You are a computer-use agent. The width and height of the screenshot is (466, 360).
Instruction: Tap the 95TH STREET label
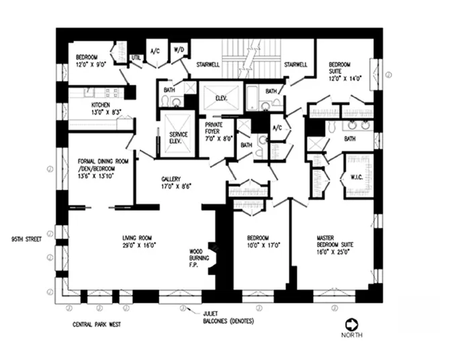pyautogui.click(x=26, y=238)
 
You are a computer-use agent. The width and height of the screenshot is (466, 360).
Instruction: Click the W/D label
pyautogui.click(x=179, y=50)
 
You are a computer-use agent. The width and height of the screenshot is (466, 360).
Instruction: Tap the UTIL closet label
pyautogui.click(x=136, y=58)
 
